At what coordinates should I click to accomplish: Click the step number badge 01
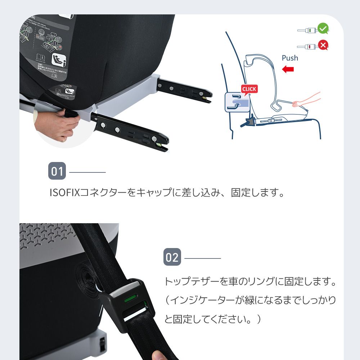click(x=57, y=171)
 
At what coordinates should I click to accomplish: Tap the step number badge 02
click(x=172, y=257)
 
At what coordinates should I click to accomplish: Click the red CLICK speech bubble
click(x=249, y=89)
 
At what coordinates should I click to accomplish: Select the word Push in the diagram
click(x=290, y=58)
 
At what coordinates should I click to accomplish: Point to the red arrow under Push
click(x=288, y=69)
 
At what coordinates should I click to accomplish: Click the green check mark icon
click(x=323, y=28)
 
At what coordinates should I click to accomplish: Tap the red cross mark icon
click(x=323, y=45)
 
